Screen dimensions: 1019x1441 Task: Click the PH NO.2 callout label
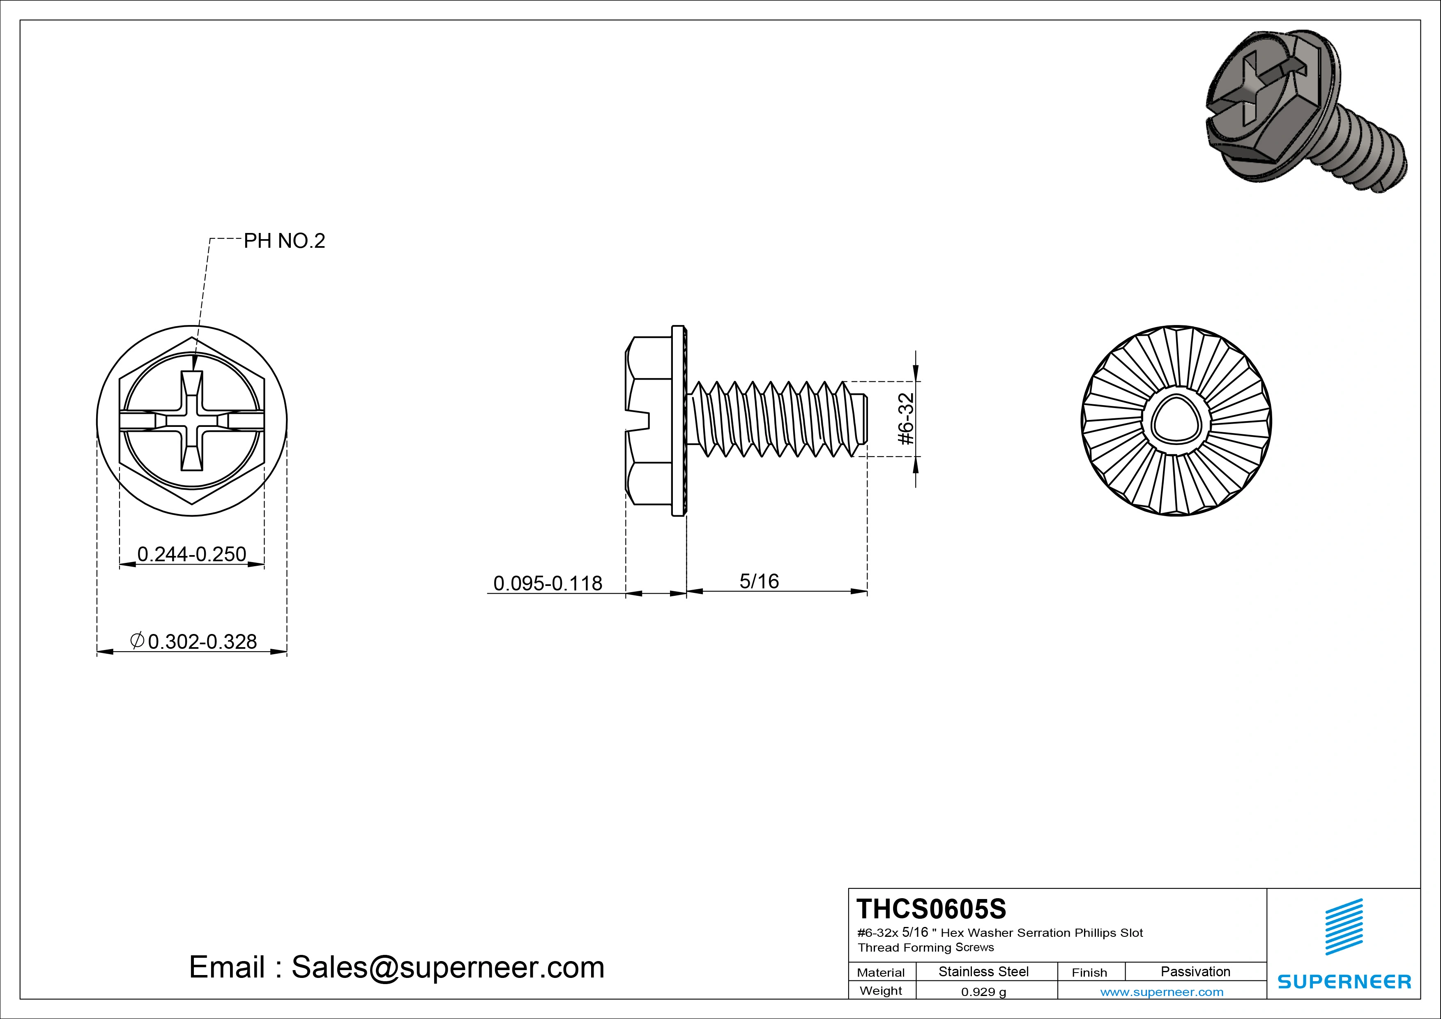tap(284, 241)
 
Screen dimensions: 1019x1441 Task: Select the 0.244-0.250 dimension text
tap(191, 554)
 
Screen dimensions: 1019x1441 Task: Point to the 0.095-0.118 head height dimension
tap(547, 583)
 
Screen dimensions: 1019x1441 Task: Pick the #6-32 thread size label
tap(906, 419)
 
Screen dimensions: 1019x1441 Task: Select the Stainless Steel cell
tap(983, 972)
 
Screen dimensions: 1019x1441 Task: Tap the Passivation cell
tap(1195, 972)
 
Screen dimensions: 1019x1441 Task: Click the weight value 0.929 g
tap(983, 992)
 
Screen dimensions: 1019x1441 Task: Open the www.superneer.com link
tap(1162, 992)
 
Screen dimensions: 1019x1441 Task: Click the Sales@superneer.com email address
tap(447, 968)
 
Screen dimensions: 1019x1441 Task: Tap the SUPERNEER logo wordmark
tap(1344, 981)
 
